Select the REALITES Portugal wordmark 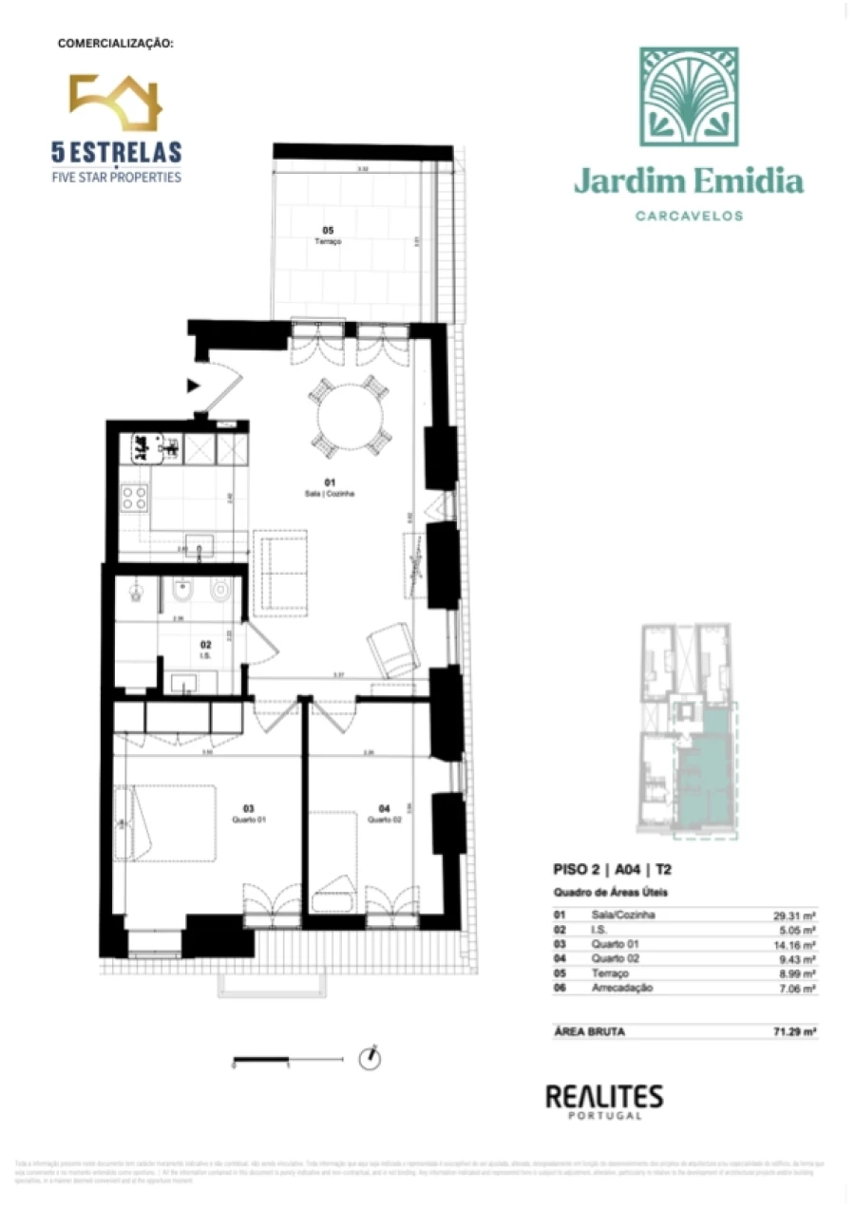tap(603, 1099)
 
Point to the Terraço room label tap(328, 236)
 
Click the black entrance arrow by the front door tap(194, 385)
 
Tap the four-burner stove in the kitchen tap(134, 498)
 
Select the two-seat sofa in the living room tap(280, 574)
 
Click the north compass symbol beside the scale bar tap(369, 1057)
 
